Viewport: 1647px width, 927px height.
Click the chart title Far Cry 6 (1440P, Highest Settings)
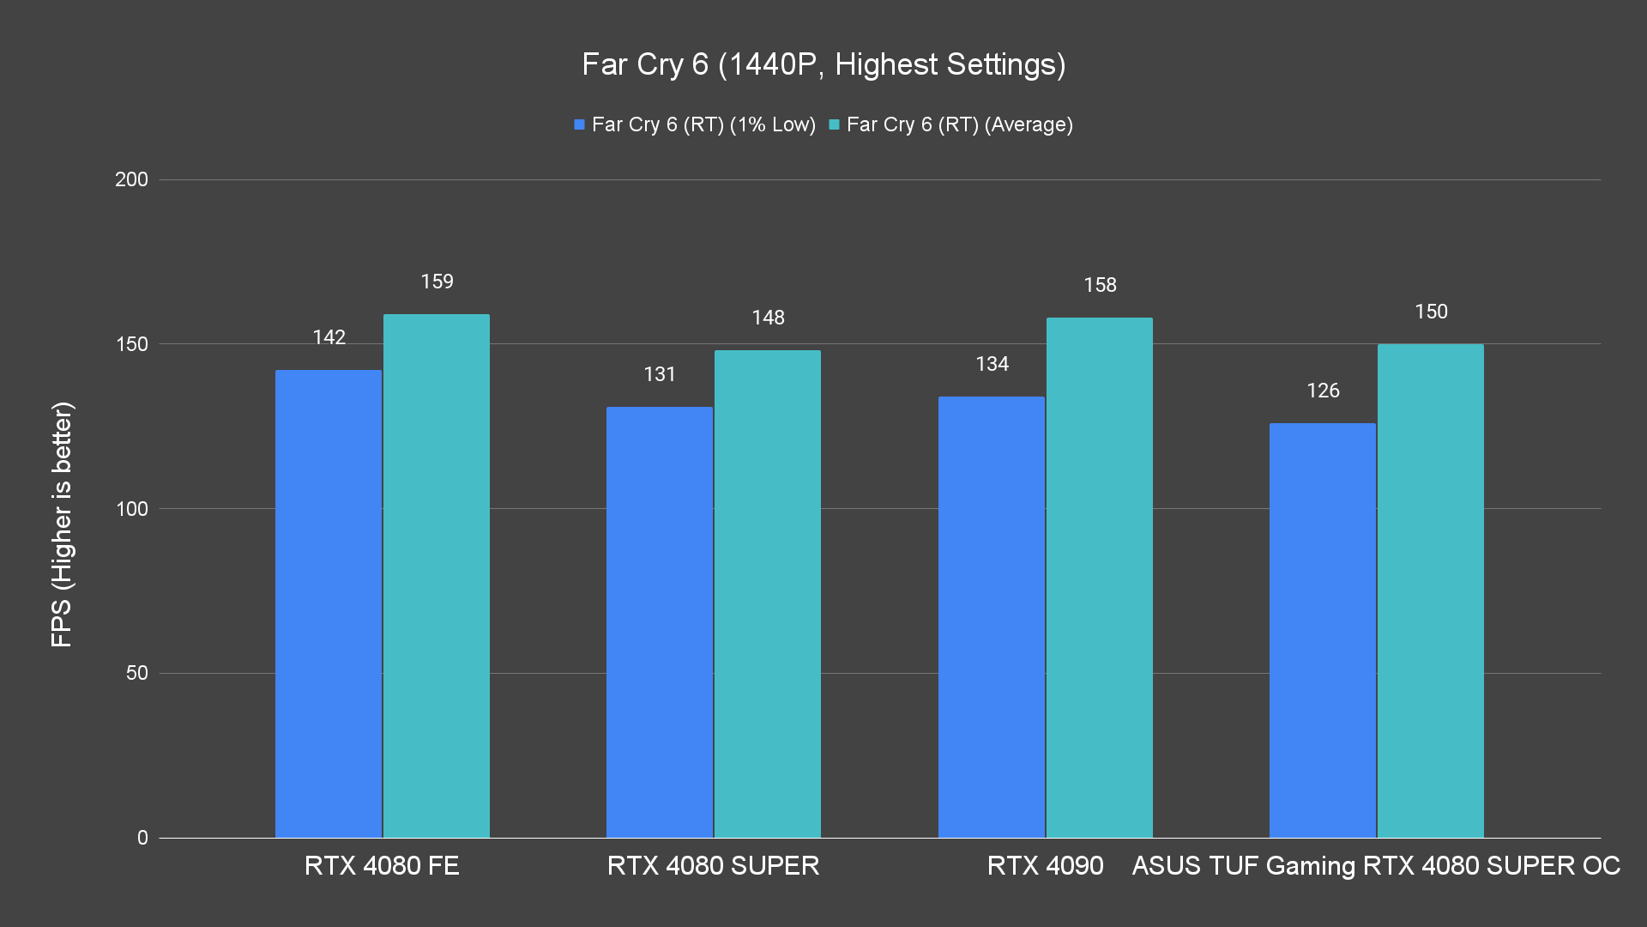pyautogui.click(x=823, y=64)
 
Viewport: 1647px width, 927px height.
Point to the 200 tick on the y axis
pyautogui.click(x=131, y=179)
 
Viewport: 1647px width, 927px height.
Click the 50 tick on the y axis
pyautogui.click(x=137, y=673)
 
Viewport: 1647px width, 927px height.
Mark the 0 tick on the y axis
pyautogui.click(x=142, y=838)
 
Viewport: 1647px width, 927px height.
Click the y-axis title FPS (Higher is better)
pyautogui.click(x=62, y=524)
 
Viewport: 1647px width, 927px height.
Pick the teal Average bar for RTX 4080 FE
pyautogui.click(x=437, y=575)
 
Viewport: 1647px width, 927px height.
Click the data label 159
pyautogui.click(x=437, y=282)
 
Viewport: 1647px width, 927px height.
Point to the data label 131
pyautogui.click(x=660, y=374)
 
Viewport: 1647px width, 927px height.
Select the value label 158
pyautogui.click(x=1100, y=285)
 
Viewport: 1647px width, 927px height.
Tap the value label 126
pyautogui.click(x=1323, y=391)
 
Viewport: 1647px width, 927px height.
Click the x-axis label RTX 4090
pyautogui.click(x=1045, y=865)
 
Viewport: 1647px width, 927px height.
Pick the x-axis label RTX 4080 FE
pyautogui.click(x=382, y=865)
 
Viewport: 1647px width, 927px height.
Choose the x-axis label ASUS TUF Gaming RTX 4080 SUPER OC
pyautogui.click(x=1376, y=865)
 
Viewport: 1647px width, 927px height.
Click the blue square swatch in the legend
pyautogui.click(x=580, y=124)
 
